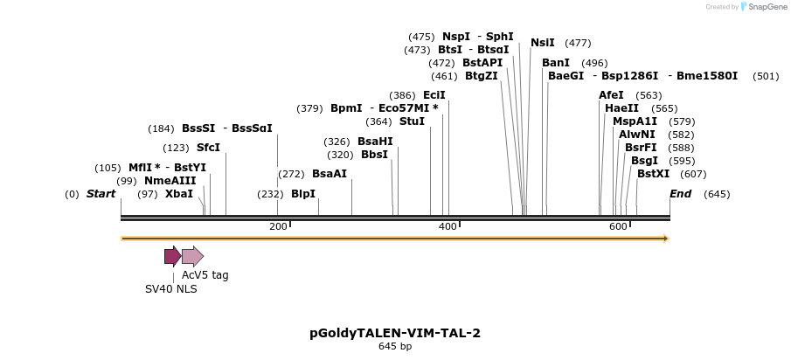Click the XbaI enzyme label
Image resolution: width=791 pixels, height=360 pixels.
179,194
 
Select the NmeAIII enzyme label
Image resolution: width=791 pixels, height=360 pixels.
170,181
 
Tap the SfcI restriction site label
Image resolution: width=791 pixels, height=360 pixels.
208,148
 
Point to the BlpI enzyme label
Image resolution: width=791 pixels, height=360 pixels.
303,194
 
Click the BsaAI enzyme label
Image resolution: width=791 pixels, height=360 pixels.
330,174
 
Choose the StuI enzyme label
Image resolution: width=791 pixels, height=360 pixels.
412,121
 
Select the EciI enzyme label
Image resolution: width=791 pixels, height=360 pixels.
434,95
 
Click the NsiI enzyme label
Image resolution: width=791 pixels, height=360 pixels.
543,43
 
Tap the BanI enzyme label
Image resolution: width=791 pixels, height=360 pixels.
556,63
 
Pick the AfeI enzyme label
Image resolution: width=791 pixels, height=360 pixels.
611,95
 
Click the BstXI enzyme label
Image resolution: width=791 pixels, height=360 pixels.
654,174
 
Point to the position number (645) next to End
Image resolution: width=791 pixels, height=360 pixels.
717,194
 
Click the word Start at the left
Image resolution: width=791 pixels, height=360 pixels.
101,194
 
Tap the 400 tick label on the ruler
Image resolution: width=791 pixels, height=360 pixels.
448,227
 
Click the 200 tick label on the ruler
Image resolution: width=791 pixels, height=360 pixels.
278,227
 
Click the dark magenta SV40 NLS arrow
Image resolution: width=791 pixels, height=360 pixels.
172,256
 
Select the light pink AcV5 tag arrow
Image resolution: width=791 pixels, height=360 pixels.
192,256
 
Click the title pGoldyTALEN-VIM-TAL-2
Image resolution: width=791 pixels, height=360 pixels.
395,333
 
